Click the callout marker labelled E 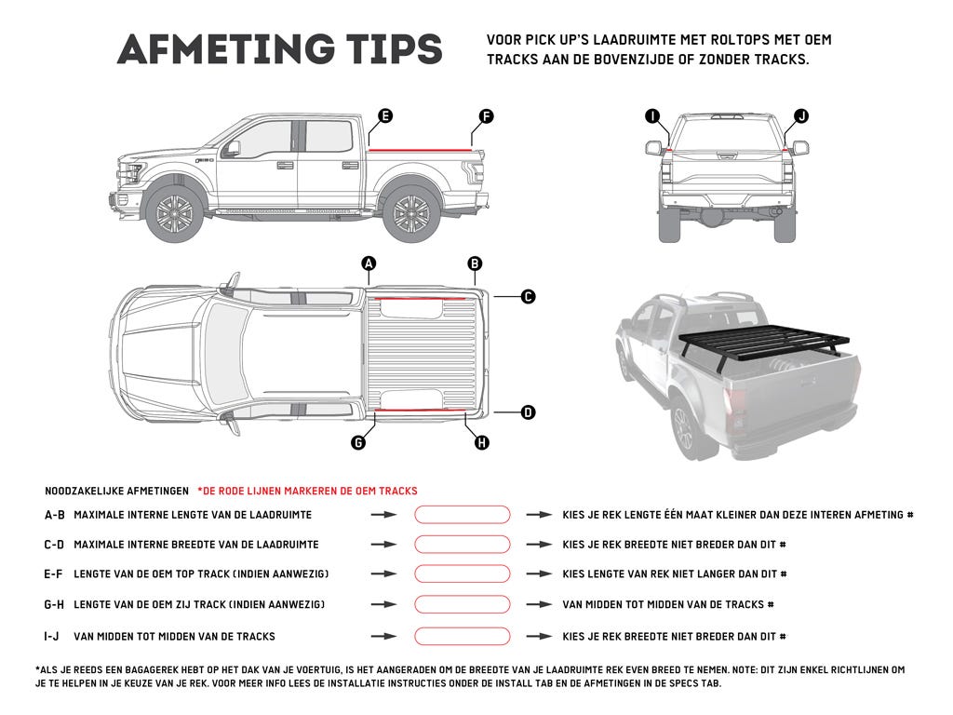click(x=384, y=116)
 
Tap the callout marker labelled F click(x=486, y=116)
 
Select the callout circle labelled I click(x=652, y=116)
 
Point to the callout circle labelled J click(x=801, y=116)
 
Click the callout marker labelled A click(x=369, y=264)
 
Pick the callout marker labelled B click(x=475, y=264)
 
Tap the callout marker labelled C click(x=528, y=297)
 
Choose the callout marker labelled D click(x=528, y=411)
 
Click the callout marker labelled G click(x=358, y=443)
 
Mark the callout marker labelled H click(x=481, y=443)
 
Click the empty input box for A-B click(x=463, y=515)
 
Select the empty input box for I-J click(x=463, y=637)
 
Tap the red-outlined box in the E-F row click(x=463, y=574)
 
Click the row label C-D click(x=54, y=545)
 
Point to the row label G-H click(x=54, y=605)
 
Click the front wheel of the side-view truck click(x=174, y=215)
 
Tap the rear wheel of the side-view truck click(x=410, y=215)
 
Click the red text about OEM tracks click(x=307, y=491)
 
